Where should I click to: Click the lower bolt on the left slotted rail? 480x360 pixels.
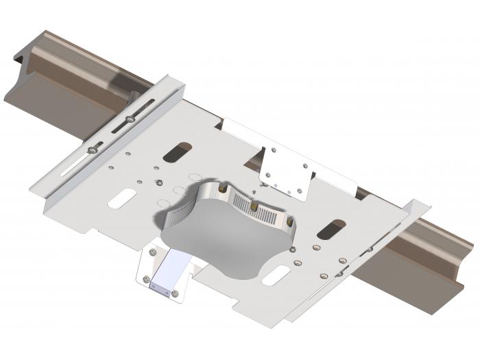point(92,149)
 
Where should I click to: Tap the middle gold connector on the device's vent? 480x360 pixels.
point(254,206)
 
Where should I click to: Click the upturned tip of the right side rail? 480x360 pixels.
point(420,204)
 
